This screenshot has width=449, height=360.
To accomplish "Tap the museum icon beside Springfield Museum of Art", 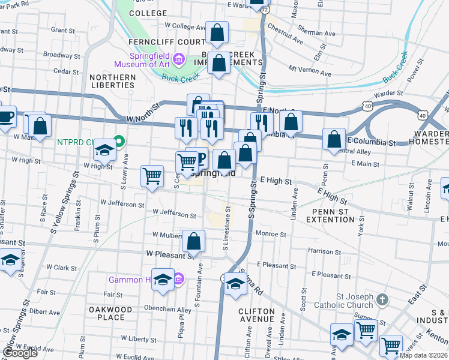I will [178, 59].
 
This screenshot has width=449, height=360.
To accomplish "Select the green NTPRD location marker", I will [119, 142].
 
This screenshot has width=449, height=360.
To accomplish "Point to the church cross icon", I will [382, 299].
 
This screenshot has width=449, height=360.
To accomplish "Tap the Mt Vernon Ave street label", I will [310, 70].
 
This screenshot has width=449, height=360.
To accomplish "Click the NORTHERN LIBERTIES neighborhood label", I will [113, 81].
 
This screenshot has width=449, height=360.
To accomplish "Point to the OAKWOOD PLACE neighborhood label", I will [110, 313].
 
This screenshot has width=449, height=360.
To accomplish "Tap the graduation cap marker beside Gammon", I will [162, 280].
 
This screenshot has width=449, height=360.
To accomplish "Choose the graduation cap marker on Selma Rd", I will [235, 284].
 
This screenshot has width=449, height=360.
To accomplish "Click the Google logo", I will [20, 353].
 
